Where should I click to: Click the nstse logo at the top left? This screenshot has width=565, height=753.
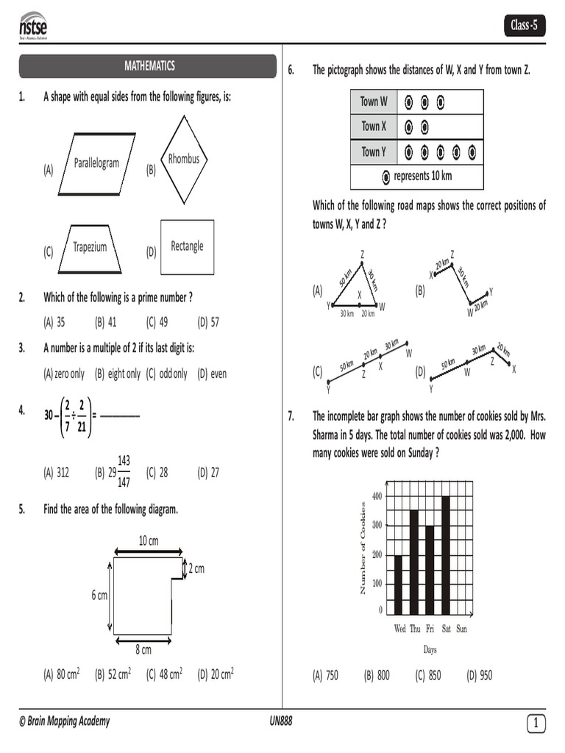pos(33,26)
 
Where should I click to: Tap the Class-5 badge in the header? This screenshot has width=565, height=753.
pos(524,26)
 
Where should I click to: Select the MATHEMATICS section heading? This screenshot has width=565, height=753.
pos(149,66)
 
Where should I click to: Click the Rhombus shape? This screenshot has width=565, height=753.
pos(183,160)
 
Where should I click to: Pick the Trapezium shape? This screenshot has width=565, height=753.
pos(90,248)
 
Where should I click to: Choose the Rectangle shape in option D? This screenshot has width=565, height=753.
pos(187,247)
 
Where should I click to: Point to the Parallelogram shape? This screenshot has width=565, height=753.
pos(96,163)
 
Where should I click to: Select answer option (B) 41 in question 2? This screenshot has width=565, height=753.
pos(106,322)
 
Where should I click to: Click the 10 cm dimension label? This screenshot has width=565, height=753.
pos(149,541)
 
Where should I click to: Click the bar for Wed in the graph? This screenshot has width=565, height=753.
pos(399,585)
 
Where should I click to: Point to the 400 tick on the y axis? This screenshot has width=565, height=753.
pos(377,496)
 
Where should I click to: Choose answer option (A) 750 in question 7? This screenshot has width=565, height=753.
pos(325,675)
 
